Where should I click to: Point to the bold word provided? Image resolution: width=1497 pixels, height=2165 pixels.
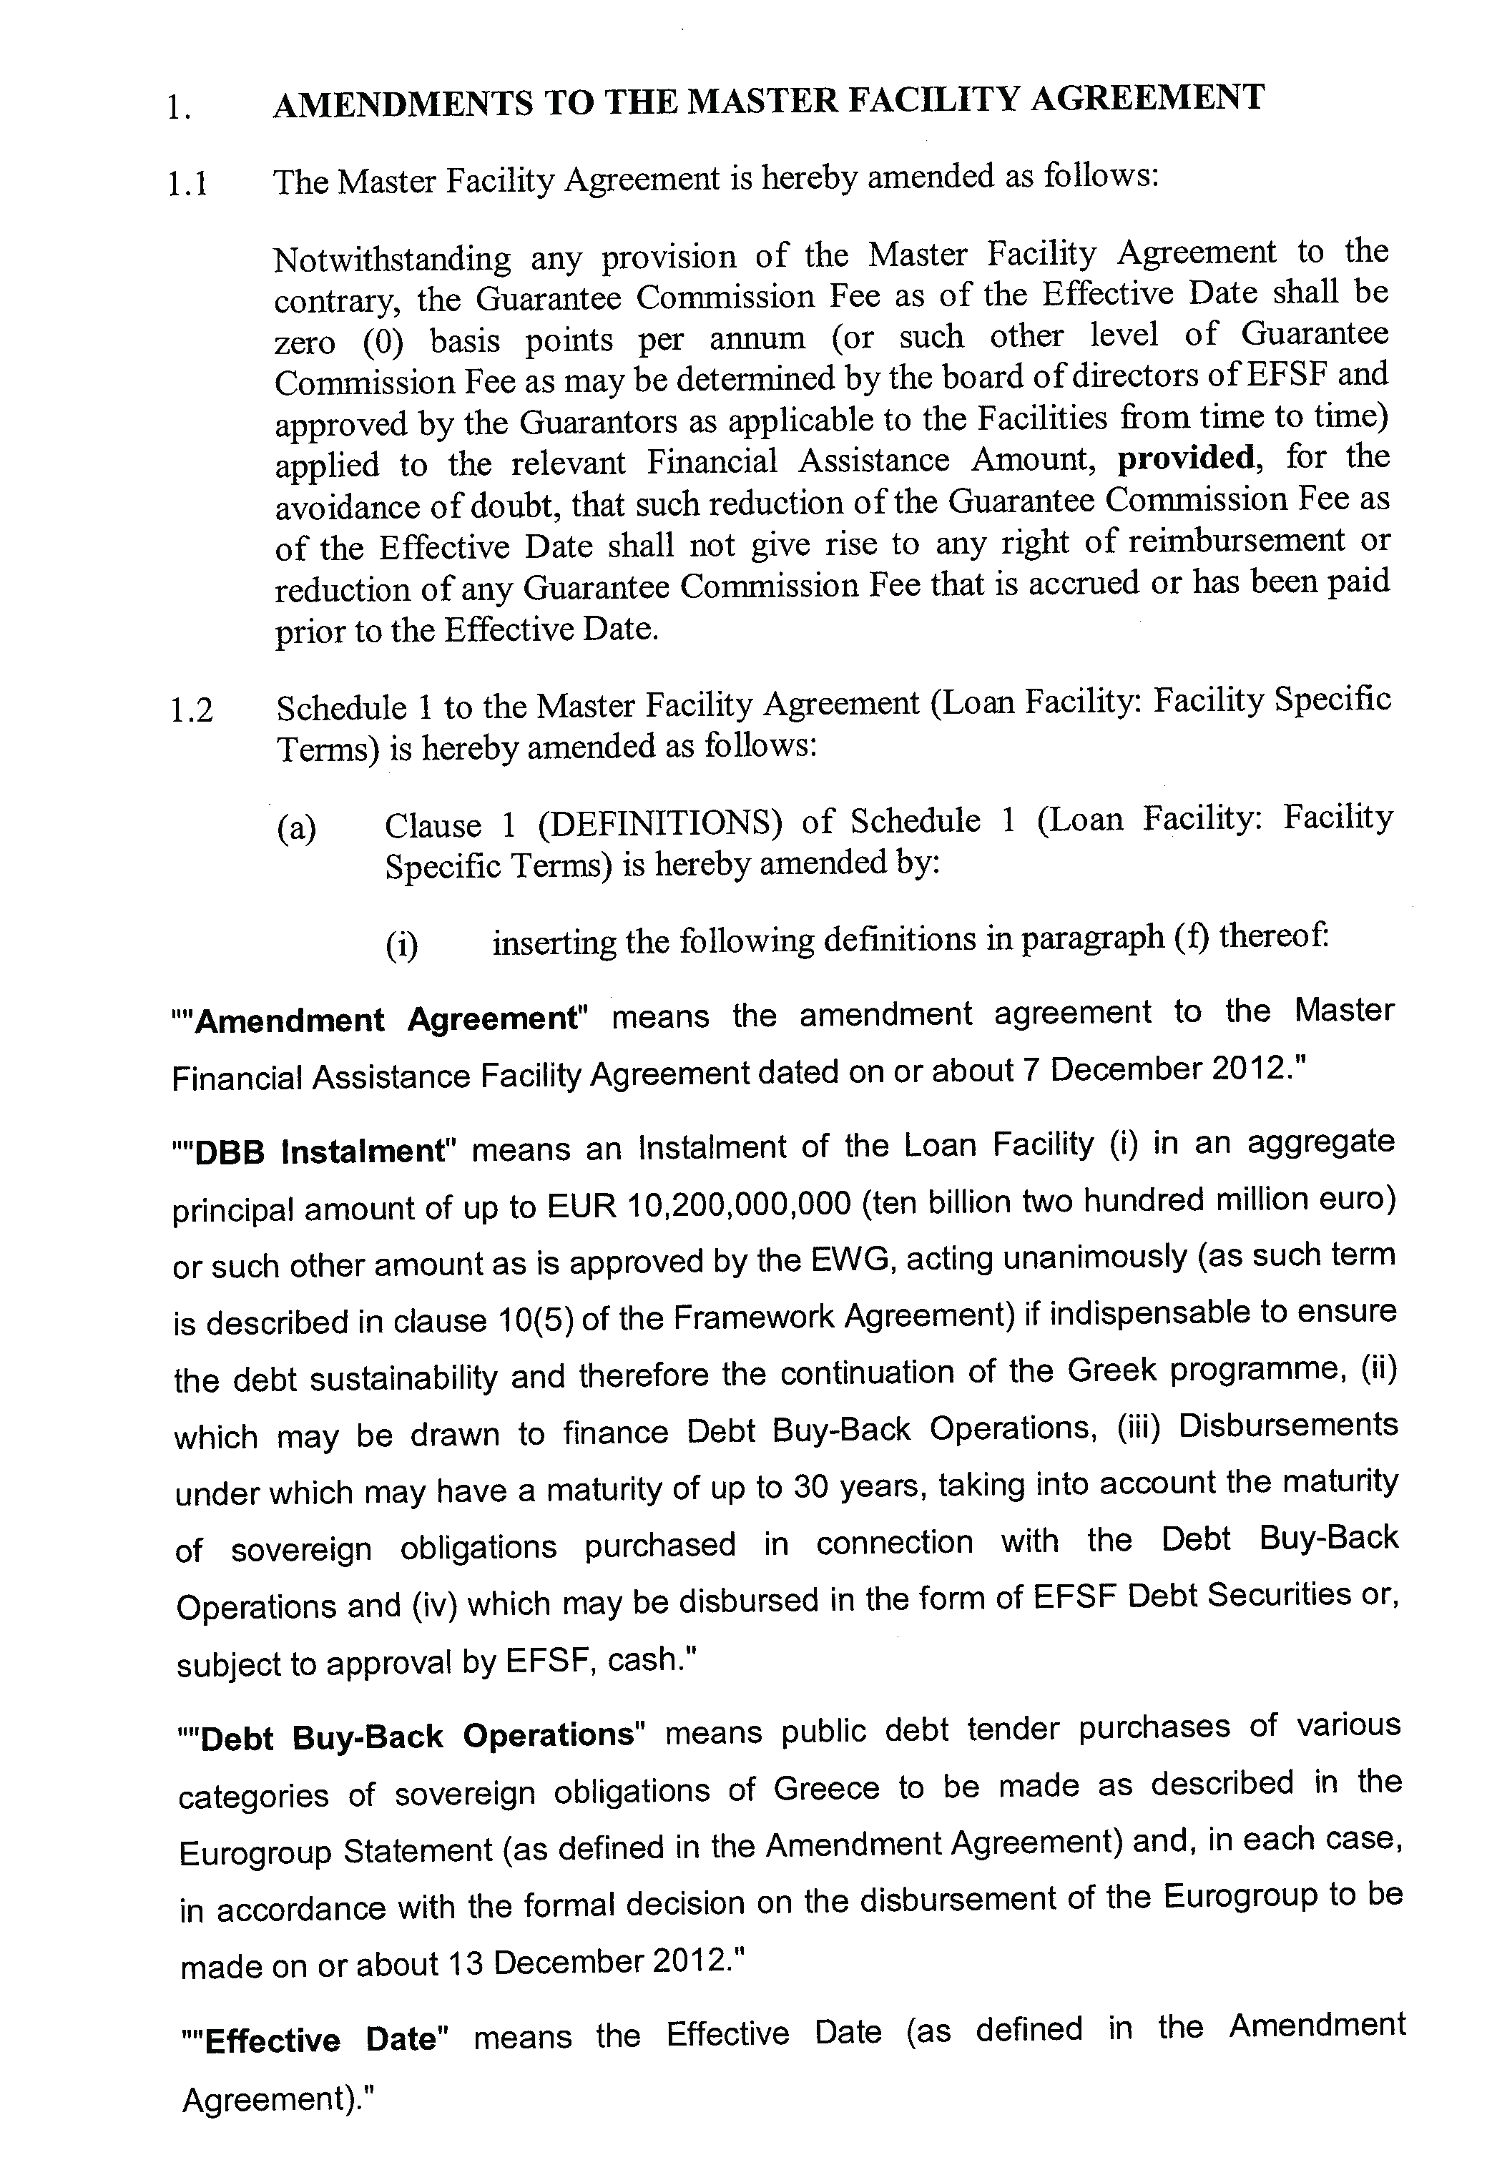pos(1186,458)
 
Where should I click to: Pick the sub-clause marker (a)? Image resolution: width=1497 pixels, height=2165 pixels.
pos(296,828)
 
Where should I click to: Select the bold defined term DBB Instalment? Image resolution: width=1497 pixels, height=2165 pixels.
pos(319,1150)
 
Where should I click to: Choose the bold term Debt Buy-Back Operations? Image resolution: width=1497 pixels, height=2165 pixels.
pos(418,1735)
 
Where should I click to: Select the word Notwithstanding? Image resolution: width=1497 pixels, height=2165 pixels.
pos(392,259)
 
